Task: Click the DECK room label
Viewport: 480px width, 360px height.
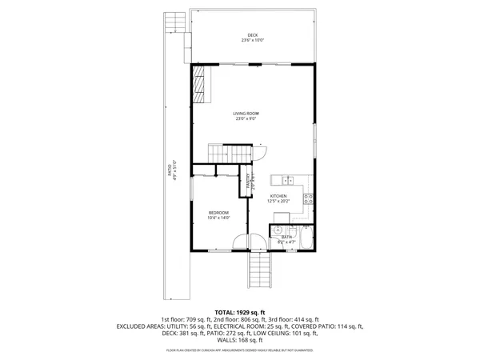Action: click(253, 34)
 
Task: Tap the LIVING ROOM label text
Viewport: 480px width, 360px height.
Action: click(246, 114)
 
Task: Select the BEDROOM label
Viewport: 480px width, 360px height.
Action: click(218, 212)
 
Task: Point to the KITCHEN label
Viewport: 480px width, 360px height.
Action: click(278, 196)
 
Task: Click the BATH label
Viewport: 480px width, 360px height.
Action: click(286, 237)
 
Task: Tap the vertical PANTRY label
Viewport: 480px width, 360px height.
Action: click(248, 182)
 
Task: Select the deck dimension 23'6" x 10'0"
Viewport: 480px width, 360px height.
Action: click(253, 40)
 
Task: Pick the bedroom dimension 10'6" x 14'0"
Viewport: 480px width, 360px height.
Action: click(218, 218)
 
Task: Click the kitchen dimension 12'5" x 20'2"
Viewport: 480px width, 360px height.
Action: click(278, 202)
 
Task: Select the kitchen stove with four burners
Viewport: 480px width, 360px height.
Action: click(309, 199)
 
